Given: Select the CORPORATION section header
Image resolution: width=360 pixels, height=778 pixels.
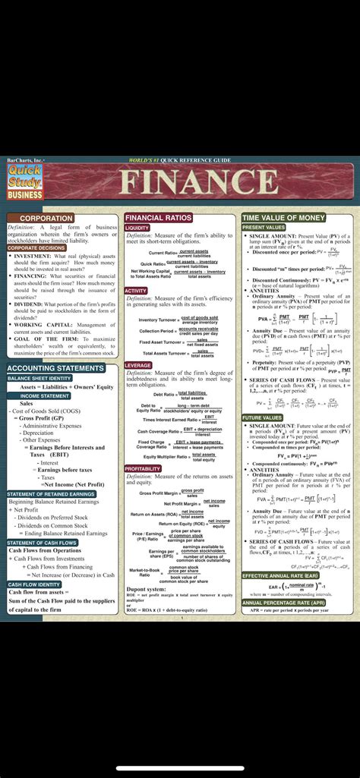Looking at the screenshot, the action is [46, 218].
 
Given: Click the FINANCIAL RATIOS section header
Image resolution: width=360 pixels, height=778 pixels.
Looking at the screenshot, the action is [159, 218].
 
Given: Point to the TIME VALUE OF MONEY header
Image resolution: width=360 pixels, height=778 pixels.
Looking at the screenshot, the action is [283, 218].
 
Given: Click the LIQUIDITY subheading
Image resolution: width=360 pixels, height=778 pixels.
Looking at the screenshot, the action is [137, 227].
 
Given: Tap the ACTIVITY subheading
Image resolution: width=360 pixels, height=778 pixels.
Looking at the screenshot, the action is [136, 291].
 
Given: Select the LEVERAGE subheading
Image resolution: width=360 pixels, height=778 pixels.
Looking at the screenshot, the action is [138, 365].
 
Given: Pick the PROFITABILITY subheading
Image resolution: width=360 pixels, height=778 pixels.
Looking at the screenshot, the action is [143, 469].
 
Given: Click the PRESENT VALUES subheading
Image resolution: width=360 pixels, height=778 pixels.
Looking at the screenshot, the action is [264, 227].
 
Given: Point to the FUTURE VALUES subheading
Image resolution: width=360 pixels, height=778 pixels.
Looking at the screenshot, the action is [262, 417].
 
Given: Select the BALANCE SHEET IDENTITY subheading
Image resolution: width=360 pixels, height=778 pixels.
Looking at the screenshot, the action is [39, 377].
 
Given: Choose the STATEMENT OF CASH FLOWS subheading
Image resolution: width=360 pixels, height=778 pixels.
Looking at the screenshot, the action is [42, 543].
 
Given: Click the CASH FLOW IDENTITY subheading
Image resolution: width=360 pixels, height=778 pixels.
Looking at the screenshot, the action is [34, 584].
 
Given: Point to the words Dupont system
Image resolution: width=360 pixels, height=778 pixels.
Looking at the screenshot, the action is [146, 589].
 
